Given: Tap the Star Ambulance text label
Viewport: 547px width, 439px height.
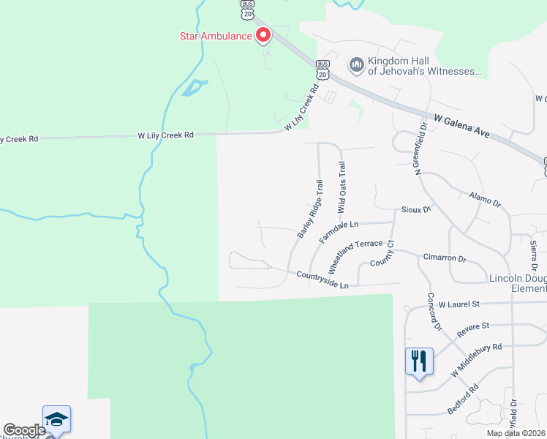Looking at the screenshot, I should click(216, 35).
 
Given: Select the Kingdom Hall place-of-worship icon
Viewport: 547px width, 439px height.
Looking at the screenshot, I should click(357, 66).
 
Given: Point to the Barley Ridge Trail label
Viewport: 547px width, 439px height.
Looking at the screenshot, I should click(310, 209).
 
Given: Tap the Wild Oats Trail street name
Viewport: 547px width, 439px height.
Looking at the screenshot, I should click(341, 188).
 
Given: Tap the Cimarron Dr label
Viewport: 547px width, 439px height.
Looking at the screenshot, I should click(444, 258).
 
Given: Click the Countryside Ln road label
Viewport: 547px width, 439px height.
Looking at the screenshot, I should click(322, 279).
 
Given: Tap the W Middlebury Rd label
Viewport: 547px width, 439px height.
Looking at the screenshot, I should click(476, 360).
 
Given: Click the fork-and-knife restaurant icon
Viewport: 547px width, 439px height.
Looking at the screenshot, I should click(419, 361).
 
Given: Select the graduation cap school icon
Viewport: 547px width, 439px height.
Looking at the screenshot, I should click(56, 419).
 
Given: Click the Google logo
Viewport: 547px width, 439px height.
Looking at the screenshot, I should click(24, 430).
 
